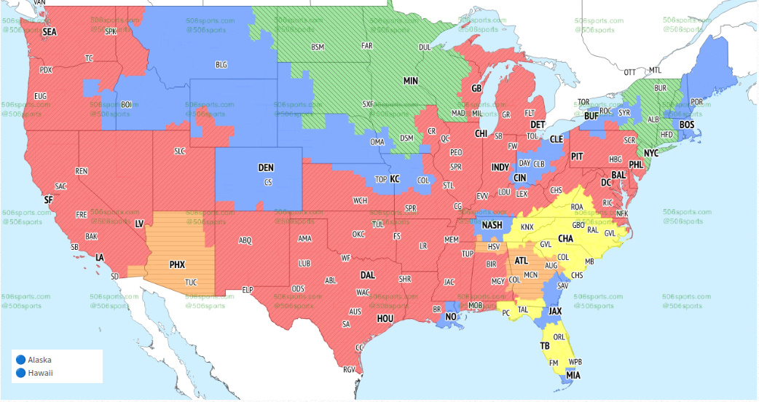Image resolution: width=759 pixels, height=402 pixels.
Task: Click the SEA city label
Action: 50,32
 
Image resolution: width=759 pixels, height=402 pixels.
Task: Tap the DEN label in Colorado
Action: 266,168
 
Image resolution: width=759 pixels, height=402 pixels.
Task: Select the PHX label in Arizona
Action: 177,264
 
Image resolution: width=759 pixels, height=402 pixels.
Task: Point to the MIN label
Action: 411,81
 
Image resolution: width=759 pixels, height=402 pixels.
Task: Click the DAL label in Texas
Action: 368,276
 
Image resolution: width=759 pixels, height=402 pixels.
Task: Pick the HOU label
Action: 385,318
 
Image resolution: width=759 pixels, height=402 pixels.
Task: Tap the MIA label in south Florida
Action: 573,375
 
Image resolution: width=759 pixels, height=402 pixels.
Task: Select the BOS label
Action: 687,125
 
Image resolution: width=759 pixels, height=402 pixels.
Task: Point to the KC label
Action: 395,178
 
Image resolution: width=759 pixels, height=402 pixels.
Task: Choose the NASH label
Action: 492,225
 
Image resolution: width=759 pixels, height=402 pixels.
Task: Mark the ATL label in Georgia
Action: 522,260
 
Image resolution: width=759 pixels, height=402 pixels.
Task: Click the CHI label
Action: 481,134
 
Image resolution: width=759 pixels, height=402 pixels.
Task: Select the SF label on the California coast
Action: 49,199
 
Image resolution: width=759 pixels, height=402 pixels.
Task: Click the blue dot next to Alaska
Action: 20,360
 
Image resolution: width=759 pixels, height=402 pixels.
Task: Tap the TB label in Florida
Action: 544,345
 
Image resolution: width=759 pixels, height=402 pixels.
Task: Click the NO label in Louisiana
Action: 451,318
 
